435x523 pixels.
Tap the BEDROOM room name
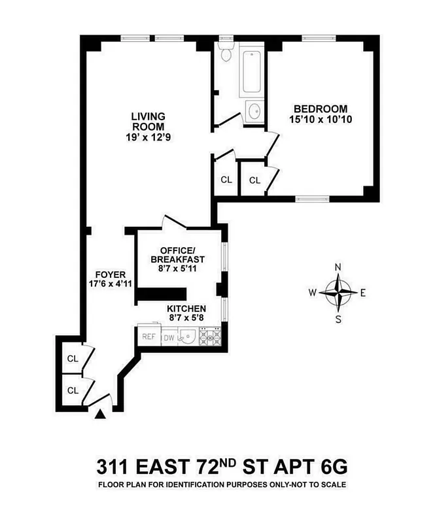coord(320,109)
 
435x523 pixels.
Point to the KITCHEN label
coord(186,309)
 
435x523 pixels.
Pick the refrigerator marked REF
coord(148,337)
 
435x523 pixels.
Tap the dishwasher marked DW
coord(169,338)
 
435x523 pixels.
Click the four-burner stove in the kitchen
coord(211,337)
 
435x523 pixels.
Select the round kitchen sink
coord(188,337)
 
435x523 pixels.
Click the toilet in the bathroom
coord(226,54)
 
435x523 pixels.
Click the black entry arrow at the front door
coord(100,413)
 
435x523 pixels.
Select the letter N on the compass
coord(338,267)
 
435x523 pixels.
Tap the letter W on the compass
coord(313,293)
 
